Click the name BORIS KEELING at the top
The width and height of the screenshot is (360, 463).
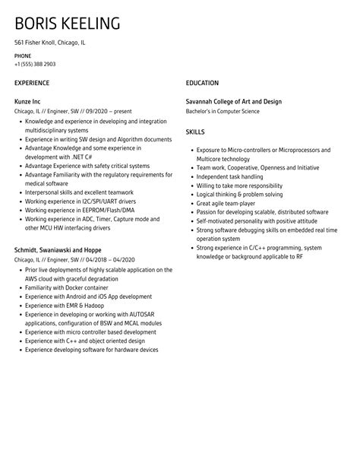tap(68, 24)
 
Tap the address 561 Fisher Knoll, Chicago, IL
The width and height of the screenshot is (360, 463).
tap(50, 43)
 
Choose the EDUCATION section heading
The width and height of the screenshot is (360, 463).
tap(202, 82)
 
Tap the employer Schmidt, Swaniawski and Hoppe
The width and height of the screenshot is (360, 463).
tap(58, 249)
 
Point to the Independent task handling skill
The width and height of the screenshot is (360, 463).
tap(235, 176)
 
